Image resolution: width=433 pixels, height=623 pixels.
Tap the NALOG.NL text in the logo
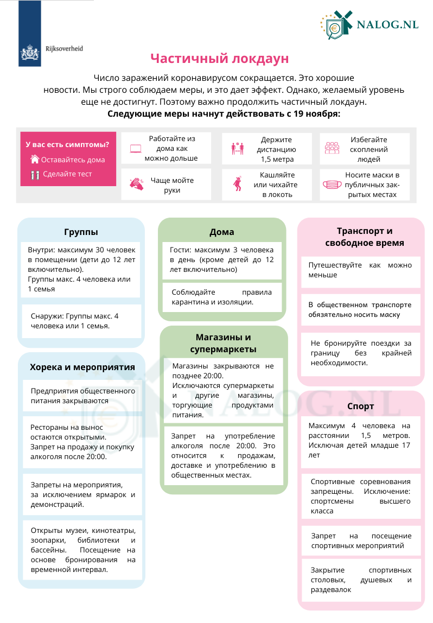point(387,26)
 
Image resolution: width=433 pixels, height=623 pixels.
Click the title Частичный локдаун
point(220,59)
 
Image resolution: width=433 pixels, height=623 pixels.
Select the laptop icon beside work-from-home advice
point(135,148)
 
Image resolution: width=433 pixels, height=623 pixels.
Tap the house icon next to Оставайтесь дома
point(35,160)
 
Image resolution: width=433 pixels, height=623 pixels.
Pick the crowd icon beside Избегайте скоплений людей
point(332,148)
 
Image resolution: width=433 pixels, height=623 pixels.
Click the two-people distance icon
point(237,148)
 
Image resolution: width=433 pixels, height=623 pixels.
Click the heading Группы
point(81,232)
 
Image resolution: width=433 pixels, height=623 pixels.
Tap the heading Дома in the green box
point(222,232)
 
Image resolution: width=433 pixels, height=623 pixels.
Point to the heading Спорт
point(361,406)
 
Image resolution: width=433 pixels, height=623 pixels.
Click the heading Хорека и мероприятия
point(82,367)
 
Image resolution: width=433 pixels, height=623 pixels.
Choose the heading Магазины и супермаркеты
point(224,343)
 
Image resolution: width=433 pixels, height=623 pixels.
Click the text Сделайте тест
point(67,174)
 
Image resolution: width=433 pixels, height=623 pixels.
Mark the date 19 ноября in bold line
point(316,114)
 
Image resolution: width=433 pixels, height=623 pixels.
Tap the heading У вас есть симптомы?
point(67,144)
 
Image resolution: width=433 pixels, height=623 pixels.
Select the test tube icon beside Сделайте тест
point(35,175)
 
